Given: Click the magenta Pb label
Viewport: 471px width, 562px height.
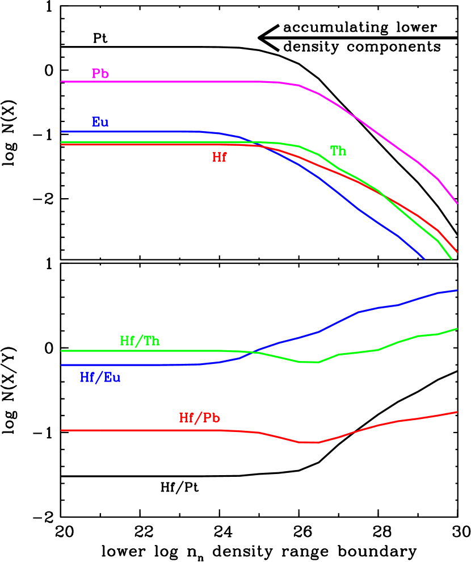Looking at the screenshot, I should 100,74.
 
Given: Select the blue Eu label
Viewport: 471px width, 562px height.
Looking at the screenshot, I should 100,122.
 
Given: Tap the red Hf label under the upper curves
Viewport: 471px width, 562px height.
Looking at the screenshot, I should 219,158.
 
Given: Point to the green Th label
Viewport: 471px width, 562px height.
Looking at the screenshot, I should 338,151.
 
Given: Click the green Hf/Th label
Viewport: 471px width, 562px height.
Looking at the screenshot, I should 140,341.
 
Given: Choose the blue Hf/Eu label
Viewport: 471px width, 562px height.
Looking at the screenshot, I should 100,378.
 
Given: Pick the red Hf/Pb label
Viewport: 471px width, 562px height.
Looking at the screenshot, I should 199,418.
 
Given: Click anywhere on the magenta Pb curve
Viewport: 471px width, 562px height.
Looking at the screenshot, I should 170,82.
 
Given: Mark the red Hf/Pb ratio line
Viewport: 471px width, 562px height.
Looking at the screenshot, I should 142,430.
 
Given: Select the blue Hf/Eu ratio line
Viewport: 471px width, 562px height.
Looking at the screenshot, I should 125,365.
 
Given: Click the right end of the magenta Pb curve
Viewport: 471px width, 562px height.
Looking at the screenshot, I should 457,203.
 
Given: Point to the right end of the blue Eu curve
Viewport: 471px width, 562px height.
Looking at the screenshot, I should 424,258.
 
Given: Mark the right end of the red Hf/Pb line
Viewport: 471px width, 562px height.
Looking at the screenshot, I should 457,412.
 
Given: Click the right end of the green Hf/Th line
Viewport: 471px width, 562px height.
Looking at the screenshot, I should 457,329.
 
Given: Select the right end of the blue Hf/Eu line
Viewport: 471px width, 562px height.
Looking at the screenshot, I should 457,291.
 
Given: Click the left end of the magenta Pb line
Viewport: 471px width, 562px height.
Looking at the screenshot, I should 62,82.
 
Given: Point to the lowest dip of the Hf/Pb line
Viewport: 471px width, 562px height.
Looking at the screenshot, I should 309,442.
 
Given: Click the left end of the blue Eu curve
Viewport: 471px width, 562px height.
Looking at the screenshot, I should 62,132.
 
